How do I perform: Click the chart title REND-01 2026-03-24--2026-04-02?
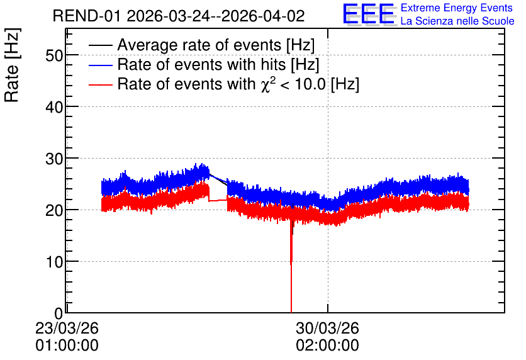click(x=179, y=16)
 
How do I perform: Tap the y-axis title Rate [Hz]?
click(x=12, y=65)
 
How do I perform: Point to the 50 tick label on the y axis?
click(x=54, y=55)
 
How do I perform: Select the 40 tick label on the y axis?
click(x=54, y=108)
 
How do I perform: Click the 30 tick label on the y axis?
click(x=54, y=159)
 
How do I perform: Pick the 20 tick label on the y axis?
click(x=54, y=211)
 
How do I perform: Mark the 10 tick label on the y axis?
click(x=54, y=262)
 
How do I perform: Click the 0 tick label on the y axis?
click(x=59, y=313)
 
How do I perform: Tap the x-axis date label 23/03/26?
click(x=67, y=328)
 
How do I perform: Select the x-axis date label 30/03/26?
click(x=327, y=328)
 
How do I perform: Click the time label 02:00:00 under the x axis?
click(x=327, y=346)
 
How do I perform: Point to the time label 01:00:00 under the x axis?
click(x=67, y=346)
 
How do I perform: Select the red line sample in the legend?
click(x=101, y=85)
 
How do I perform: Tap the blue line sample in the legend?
click(x=101, y=65)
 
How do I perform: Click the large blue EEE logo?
click(x=369, y=14)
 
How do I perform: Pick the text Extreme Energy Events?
click(x=457, y=8)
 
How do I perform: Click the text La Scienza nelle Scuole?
click(x=457, y=21)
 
